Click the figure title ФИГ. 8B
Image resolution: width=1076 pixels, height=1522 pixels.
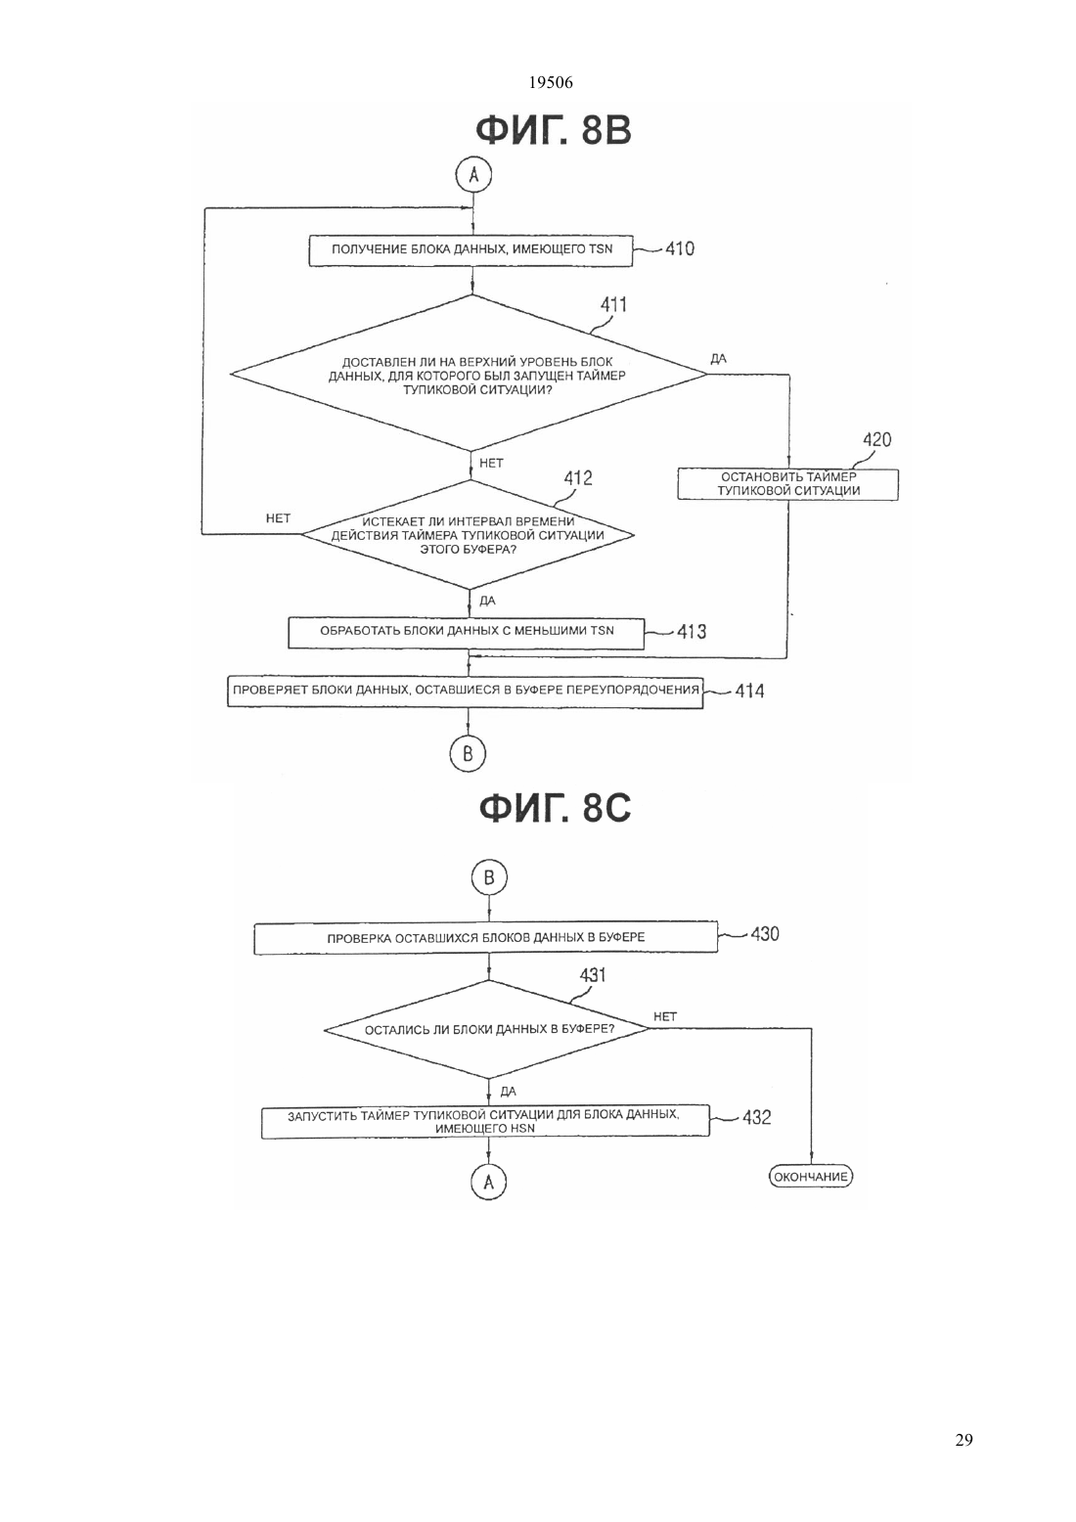tap(554, 130)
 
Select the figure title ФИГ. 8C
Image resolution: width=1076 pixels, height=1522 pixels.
tap(555, 808)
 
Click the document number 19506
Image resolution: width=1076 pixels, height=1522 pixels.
tap(550, 82)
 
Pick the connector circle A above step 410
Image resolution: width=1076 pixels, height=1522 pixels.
tap(473, 175)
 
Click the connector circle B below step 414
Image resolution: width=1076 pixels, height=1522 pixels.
tap(468, 753)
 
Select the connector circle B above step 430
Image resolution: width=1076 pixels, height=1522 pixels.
tap(489, 877)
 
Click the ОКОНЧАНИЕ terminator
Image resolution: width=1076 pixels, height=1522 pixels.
tap(810, 1176)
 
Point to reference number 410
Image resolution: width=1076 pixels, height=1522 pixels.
tap(680, 248)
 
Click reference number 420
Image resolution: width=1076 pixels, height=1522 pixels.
tap(877, 439)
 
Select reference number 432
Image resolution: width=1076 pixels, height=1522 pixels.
tap(757, 1117)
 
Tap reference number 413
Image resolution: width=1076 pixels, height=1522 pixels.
tap(692, 631)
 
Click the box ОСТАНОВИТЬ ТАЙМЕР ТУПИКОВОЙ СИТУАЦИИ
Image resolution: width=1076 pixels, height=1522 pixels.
tap(788, 484)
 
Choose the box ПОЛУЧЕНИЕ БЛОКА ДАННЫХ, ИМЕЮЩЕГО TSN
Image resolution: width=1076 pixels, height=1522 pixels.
tap(471, 250)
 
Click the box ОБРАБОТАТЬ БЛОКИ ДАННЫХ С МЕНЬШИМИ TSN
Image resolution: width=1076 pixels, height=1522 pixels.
tap(466, 633)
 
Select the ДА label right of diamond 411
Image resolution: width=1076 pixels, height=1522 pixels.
tap(718, 359)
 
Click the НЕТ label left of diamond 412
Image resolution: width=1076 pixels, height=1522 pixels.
tap(278, 518)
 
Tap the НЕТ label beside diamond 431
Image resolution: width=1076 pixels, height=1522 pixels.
tap(665, 1016)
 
